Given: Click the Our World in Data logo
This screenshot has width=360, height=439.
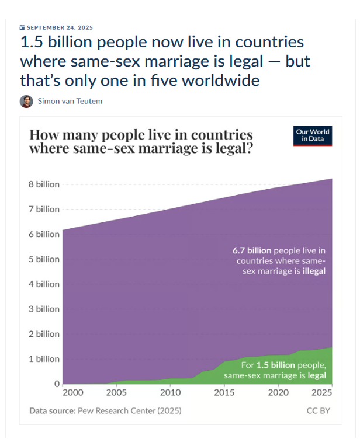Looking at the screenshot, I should pyautogui.click(x=312, y=136).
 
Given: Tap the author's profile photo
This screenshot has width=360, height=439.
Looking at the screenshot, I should pyautogui.click(x=26, y=102).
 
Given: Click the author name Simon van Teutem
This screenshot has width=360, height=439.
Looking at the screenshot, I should pyautogui.click(x=71, y=102).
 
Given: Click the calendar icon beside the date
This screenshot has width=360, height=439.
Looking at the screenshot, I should pyautogui.click(x=22, y=27).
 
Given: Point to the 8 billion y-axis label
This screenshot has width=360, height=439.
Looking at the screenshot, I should pyautogui.click(x=44, y=184).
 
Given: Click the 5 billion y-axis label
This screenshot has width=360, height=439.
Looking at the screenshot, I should pyautogui.click(x=44, y=259).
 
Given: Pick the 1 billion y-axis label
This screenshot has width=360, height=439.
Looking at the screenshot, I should pyautogui.click(x=44, y=359).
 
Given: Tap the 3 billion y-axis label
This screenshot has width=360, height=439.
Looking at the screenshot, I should pyautogui.click(x=44, y=309).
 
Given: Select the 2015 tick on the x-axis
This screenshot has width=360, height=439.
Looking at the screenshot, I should pyautogui.click(x=224, y=393).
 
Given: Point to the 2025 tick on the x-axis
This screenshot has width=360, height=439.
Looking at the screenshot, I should pyautogui.click(x=323, y=393).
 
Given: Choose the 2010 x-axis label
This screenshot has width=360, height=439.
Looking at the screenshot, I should pyautogui.click(x=171, y=393).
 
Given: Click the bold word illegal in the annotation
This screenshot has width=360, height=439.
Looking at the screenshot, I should pyautogui.click(x=314, y=271).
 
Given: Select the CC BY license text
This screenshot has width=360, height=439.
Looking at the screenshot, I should pyautogui.click(x=319, y=410).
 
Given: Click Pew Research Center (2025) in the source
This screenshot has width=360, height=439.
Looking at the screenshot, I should pyautogui.click(x=129, y=410).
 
